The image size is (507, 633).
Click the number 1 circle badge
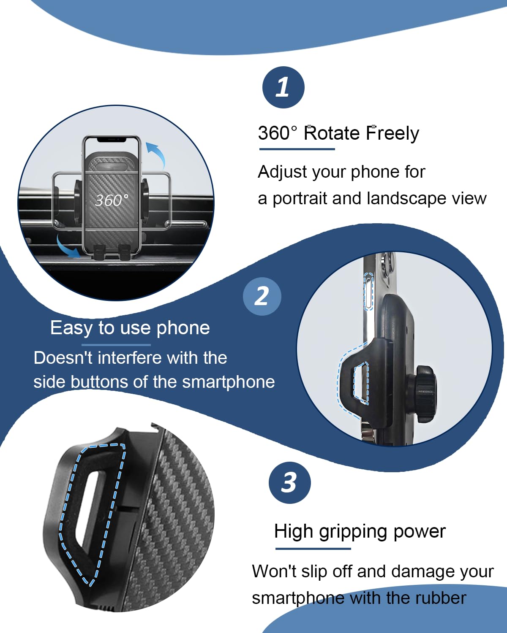tap(283, 87)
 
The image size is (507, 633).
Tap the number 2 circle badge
tap(262, 296)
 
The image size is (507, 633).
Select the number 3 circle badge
tap(289, 483)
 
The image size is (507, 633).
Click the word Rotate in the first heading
tap(331, 133)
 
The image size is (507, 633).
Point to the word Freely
tap(393, 133)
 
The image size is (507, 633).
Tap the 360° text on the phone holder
tap(112, 200)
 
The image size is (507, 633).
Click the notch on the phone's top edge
tap(112, 139)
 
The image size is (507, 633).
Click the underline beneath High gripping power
tap(313, 549)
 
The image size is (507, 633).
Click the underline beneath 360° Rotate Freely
tap(297, 149)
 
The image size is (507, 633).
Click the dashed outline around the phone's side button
tap(369, 291)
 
